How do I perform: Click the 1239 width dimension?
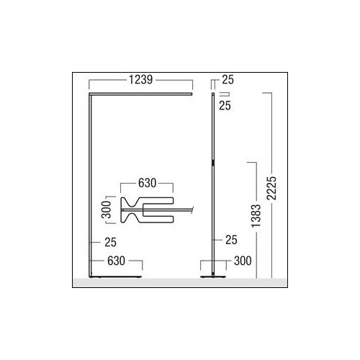140,80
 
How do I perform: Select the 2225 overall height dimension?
272,188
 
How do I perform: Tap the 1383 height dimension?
256,216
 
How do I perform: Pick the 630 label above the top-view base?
147,183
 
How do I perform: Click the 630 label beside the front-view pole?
116,261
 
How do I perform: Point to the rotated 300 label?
107,210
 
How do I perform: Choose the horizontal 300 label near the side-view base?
243,261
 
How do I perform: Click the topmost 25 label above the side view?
228,80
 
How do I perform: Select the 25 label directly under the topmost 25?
225,106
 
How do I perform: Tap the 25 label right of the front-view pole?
110,243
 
